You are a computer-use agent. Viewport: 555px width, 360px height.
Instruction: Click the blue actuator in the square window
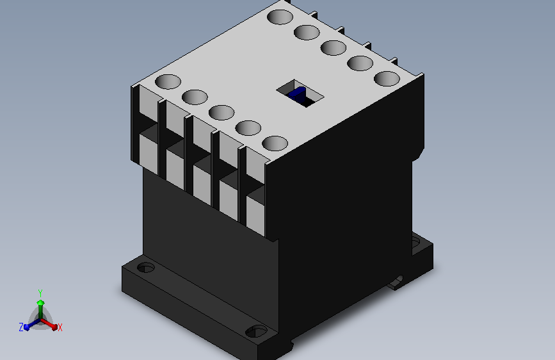pos(296,94)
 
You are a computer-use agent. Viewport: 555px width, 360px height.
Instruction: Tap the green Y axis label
pos(40,293)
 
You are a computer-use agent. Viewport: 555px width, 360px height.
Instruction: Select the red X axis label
pos(60,327)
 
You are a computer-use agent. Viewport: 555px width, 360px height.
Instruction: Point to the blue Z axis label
pos(21,327)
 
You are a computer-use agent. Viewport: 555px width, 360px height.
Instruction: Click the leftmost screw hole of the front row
pos(168,81)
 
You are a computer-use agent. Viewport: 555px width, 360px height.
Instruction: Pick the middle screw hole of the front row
pos(221,113)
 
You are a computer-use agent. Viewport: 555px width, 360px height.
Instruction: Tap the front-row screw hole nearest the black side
pos(275,143)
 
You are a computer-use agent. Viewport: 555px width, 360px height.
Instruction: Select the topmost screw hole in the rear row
pos(280,17)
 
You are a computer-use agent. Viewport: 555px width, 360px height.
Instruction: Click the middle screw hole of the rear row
pos(334,48)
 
